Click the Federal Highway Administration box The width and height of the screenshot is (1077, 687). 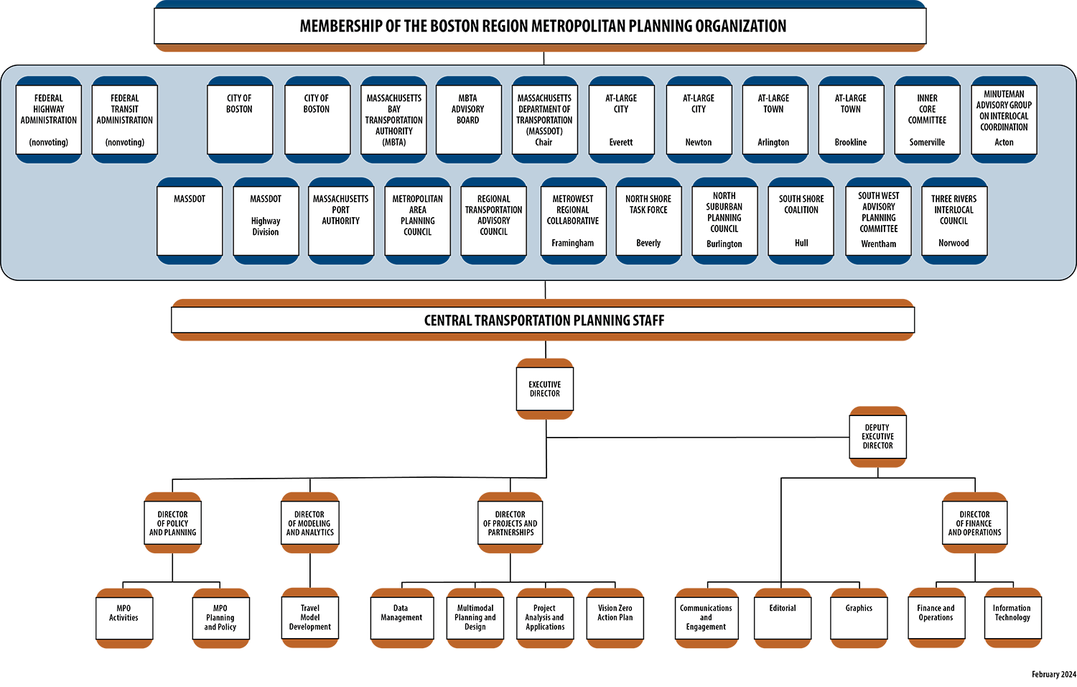click(x=49, y=119)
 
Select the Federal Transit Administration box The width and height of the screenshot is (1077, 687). click(x=125, y=119)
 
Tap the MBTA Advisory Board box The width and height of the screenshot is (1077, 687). click(x=468, y=119)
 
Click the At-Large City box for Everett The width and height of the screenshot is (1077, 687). click(x=621, y=119)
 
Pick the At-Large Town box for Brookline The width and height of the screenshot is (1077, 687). click(x=851, y=119)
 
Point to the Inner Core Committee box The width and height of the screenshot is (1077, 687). click(x=927, y=119)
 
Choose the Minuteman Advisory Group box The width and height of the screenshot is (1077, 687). click(x=1004, y=119)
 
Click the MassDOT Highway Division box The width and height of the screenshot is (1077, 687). click(x=266, y=221)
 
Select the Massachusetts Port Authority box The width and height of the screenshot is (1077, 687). click(x=341, y=221)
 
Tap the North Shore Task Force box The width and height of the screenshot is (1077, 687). click(x=648, y=221)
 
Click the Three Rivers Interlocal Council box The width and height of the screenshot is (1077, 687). click(x=954, y=221)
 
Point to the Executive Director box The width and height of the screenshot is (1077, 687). click(x=545, y=389)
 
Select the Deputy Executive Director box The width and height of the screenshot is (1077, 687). click(x=877, y=436)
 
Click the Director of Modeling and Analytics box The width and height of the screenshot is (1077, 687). click(x=310, y=523)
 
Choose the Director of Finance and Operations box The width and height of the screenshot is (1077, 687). click(x=974, y=523)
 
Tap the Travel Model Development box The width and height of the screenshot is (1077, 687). click(x=310, y=617)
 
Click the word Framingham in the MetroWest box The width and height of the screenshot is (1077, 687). click(x=573, y=243)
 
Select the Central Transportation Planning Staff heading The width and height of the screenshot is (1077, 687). click(x=544, y=321)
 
